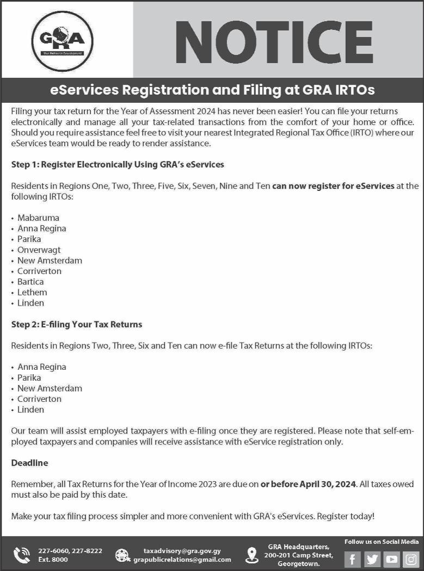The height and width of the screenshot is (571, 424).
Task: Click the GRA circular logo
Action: click(62, 41)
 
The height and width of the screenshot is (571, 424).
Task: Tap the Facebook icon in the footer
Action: click(353, 559)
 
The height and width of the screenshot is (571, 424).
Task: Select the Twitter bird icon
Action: click(372, 559)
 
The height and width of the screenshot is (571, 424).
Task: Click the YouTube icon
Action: click(391, 559)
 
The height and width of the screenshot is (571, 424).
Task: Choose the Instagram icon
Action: click(410, 559)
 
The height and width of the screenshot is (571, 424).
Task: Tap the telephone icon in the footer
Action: click(22, 555)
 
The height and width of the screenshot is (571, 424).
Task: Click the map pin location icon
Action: click(252, 555)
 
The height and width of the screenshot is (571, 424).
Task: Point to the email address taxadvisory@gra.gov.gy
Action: click(182, 551)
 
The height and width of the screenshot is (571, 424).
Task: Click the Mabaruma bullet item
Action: click(38, 218)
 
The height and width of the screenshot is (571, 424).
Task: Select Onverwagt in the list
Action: click(39, 250)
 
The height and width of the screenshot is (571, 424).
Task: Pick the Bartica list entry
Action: click(30, 282)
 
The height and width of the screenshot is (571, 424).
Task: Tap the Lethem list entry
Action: click(32, 292)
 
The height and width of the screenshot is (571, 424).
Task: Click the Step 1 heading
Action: click(118, 164)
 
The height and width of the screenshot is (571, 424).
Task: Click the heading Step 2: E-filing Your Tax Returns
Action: click(77, 324)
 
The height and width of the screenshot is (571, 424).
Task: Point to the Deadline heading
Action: click(29, 463)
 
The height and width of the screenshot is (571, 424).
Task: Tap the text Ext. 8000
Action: click(53, 560)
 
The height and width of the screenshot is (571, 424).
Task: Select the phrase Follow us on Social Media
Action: click(382, 542)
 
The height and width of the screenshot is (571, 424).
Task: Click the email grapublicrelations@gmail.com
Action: click(182, 560)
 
